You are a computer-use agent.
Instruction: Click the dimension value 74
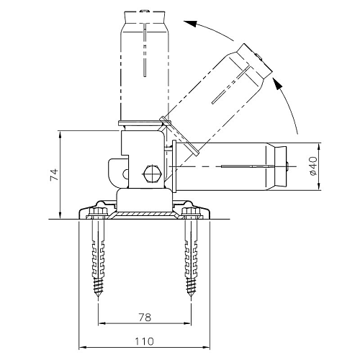click(54, 174)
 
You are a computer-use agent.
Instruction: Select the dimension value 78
click(145, 318)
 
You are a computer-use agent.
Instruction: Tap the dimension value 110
click(144, 341)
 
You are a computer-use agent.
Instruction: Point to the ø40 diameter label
click(313, 166)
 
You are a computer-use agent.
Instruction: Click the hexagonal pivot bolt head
click(152, 174)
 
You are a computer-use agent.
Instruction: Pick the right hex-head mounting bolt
click(191, 212)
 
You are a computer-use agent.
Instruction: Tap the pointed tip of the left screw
click(99, 298)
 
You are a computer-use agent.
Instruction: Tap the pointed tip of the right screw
click(191, 298)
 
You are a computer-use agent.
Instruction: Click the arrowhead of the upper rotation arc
click(190, 23)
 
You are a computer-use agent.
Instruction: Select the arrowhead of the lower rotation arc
click(278, 84)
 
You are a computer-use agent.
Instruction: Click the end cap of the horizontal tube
click(280, 166)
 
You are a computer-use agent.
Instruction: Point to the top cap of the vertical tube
click(145, 17)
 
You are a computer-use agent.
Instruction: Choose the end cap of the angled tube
click(255, 61)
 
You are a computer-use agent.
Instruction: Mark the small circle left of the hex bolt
click(125, 174)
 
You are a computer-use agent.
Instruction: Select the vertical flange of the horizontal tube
click(174, 166)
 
